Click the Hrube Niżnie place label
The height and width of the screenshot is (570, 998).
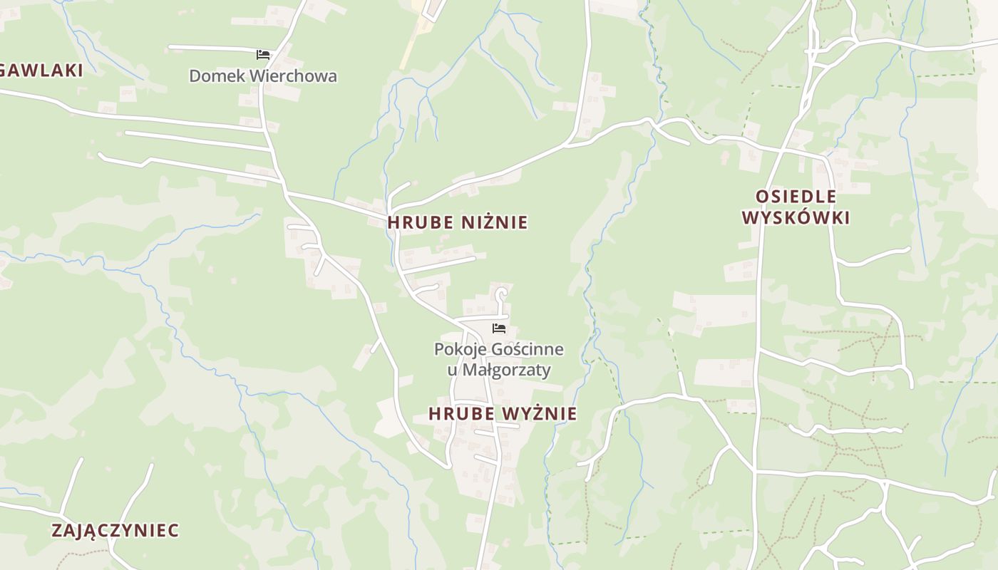458,222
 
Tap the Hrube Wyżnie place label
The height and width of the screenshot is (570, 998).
503,413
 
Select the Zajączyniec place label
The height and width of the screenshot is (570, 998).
115,530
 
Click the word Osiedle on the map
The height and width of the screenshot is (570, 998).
796,196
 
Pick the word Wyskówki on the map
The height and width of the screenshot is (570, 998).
796,217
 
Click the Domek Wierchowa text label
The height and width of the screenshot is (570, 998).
263,76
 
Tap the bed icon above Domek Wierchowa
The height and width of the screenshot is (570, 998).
263,54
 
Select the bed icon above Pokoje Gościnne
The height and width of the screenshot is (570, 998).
499,328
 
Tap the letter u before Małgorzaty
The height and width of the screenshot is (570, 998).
452,370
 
